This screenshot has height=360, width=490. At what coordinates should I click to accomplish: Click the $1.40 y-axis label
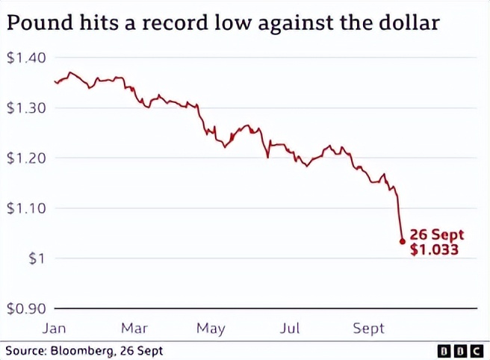tap(26, 58)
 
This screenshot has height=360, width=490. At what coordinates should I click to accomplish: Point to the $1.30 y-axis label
tap(26, 108)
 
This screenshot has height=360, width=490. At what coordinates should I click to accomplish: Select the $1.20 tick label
tap(26, 158)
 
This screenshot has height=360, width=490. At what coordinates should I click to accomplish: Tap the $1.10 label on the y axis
tap(26, 208)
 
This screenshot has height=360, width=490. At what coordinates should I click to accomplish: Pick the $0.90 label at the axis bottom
tap(26, 308)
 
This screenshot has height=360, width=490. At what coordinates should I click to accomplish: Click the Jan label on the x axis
tap(54, 328)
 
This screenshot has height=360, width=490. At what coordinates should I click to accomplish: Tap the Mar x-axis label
tap(134, 328)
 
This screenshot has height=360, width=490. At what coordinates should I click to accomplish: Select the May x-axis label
tap(211, 328)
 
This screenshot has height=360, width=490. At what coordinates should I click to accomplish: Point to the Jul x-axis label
tap(290, 328)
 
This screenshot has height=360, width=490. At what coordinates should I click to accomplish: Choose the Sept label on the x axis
tap(369, 328)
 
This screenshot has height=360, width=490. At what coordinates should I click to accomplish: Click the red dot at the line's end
tap(403, 241)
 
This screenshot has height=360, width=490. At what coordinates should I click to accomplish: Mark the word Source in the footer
tap(22, 350)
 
